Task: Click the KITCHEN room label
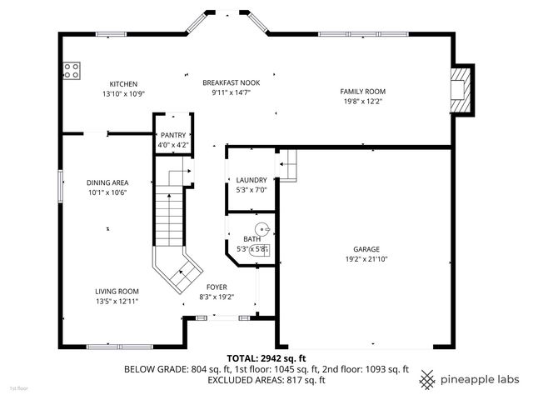click(x=124, y=84)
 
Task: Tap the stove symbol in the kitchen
click(x=71, y=71)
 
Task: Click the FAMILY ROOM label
click(x=362, y=91)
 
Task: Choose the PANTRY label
click(x=173, y=135)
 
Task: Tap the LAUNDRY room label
click(x=251, y=180)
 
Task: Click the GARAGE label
click(x=366, y=249)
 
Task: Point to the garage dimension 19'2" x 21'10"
click(x=366, y=259)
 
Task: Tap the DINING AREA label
click(x=107, y=182)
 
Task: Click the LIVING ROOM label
click(x=117, y=291)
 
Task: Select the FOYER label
click(x=217, y=287)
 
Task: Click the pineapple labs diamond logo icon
click(x=428, y=380)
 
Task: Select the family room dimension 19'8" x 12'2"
click(x=362, y=101)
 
